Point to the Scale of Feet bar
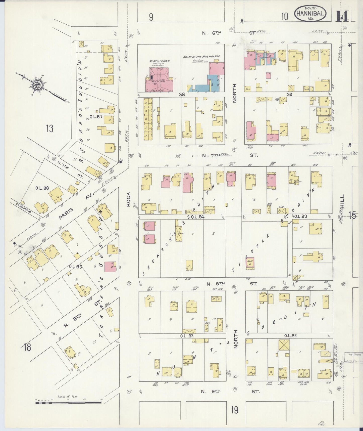pos(68,403)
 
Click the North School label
pos(160,61)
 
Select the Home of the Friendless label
pos(201,56)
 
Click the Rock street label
pos(128,199)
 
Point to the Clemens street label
pos(23,208)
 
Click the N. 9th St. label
pos(230,391)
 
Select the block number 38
pos(182,95)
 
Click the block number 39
pos(289,94)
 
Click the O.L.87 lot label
pos(96,116)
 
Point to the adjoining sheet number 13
pos(50,129)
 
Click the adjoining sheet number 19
pos(235,410)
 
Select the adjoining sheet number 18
pos(27,348)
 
